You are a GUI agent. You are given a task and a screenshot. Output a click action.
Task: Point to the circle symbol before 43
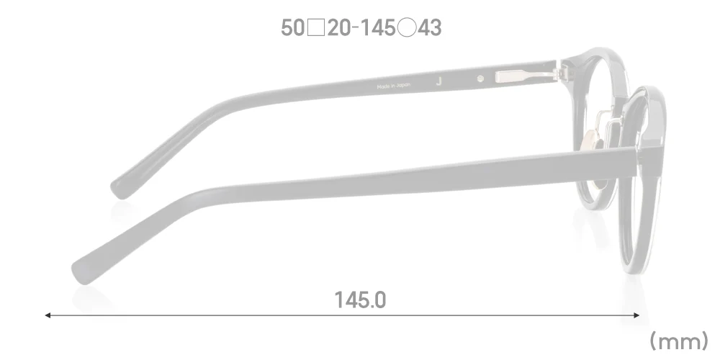click(406, 28)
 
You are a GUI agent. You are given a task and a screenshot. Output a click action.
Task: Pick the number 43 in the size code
click(429, 28)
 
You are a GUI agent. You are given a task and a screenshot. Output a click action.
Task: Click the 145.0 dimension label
click(360, 300)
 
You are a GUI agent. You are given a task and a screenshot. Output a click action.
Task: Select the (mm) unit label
click(679, 339)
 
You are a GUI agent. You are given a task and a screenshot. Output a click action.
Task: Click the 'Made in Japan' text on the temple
click(393, 86)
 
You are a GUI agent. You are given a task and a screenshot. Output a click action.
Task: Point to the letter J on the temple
click(439, 81)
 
